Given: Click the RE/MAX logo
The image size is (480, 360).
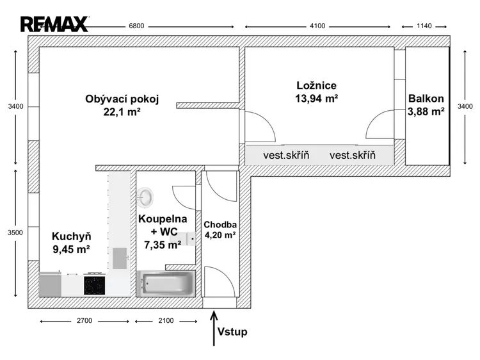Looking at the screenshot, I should [54, 24].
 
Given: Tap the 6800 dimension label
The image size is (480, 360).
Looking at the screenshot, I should [136, 26].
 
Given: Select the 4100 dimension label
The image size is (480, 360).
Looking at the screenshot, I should [317, 26].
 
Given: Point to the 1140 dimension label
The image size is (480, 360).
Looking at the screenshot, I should [424, 26].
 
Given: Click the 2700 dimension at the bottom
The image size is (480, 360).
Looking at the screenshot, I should [85, 320].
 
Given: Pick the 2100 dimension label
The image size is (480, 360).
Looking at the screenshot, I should [166, 320].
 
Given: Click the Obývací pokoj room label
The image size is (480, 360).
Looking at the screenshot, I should [122, 99].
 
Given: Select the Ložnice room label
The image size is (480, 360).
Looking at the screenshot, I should [317, 85].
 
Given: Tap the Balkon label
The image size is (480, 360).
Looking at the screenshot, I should [426, 99].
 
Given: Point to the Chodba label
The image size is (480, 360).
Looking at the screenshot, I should [220, 225].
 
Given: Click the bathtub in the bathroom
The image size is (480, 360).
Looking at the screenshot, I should [166, 282].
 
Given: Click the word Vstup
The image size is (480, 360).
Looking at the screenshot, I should [232, 332].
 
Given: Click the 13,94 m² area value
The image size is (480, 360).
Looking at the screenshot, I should [317, 99].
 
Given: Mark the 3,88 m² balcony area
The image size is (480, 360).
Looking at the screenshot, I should [426, 112].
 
